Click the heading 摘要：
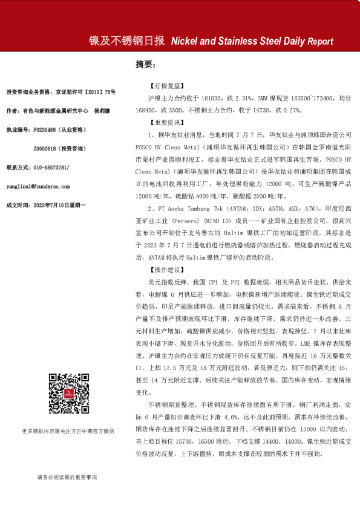(x=146, y=63)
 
